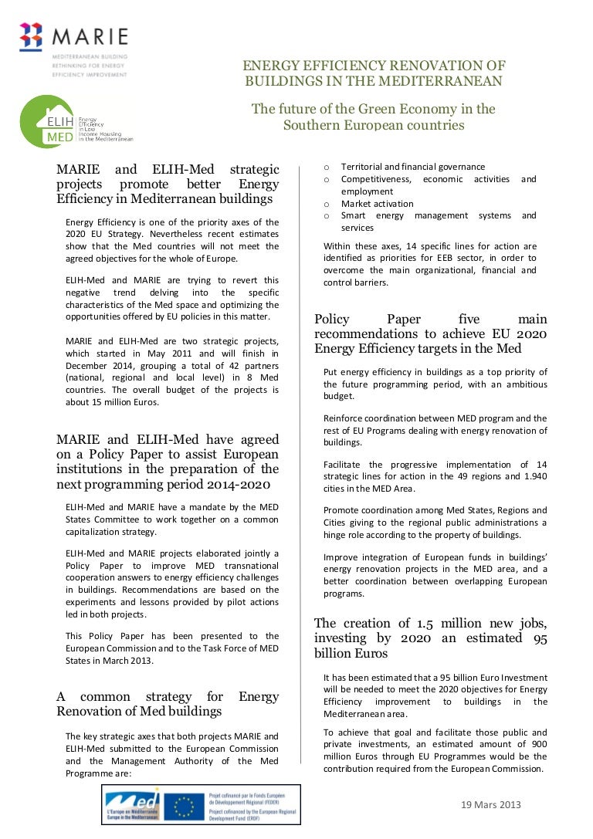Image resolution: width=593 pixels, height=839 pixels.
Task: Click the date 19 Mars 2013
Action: (x=490, y=804)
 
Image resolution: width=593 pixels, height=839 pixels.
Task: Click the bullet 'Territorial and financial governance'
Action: (x=412, y=167)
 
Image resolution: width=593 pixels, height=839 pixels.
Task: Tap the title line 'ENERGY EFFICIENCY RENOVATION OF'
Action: (x=374, y=66)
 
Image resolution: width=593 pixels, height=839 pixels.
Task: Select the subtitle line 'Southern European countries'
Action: (x=374, y=124)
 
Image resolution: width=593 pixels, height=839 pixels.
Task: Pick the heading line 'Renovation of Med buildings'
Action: (x=139, y=711)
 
